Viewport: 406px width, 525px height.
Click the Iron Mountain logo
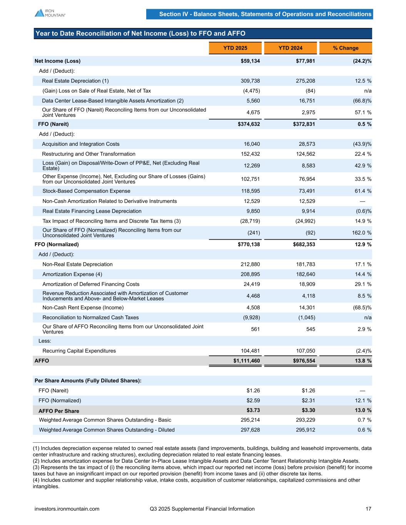[50, 13]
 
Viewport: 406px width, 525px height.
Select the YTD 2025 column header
[235, 48]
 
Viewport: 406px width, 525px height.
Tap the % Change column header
[345, 48]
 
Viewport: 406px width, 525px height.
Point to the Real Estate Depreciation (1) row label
[75, 81]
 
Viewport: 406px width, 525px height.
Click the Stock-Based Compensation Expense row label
[86, 191]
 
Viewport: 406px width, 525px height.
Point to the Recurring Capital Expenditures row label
[79, 351]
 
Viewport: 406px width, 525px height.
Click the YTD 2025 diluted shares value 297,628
[250, 430]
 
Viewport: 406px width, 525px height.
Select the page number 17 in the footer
[368, 509]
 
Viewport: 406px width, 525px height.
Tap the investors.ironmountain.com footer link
[67, 509]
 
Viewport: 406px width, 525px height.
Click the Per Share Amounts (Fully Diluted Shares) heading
[88, 380]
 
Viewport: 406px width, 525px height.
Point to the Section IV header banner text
[265, 14]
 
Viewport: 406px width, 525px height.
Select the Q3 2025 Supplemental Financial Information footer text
[202, 509]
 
